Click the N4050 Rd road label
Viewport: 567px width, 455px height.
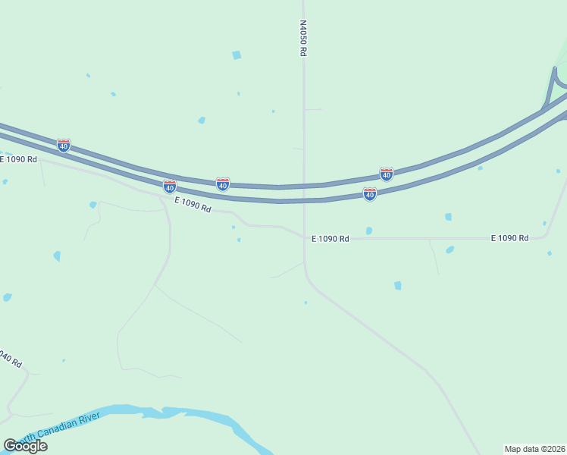click(302, 38)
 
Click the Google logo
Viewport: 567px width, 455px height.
click(25, 446)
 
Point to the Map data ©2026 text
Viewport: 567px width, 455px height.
click(534, 448)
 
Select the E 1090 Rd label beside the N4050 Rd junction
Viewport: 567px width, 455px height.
click(330, 238)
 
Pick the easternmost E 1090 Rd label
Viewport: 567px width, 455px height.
click(509, 238)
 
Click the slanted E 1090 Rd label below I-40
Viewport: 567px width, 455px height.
click(193, 204)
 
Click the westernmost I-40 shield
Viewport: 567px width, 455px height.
click(64, 145)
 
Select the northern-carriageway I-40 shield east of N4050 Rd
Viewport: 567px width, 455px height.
click(387, 174)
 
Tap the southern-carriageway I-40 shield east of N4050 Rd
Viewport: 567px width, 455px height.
click(370, 194)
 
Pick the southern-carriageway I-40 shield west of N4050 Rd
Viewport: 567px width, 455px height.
click(170, 186)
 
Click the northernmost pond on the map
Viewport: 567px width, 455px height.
click(237, 55)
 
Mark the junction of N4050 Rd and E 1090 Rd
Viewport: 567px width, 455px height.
click(305, 238)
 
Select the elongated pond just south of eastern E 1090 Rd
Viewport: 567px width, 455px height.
click(450, 249)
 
